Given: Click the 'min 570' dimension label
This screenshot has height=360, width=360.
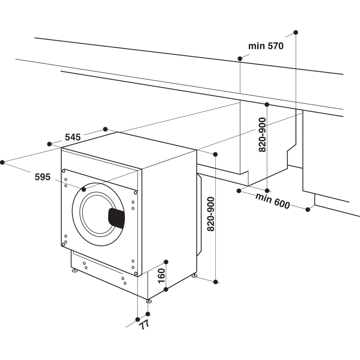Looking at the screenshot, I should tap(266, 46).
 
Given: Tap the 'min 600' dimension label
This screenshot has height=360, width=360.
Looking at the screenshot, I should tap(273, 201).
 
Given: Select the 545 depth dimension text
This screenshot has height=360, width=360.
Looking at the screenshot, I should tap(73, 137).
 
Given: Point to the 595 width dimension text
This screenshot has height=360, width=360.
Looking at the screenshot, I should tap(42, 177).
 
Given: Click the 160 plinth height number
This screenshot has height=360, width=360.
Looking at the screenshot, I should tap(161, 276).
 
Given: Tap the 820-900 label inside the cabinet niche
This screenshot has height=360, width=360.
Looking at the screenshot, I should tap(262, 135).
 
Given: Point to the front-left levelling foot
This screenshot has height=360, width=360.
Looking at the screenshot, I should tap(75, 270).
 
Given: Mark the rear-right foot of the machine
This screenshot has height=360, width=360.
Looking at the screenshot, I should tap(194, 276).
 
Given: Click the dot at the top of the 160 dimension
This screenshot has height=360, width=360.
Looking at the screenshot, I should tap(166, 262).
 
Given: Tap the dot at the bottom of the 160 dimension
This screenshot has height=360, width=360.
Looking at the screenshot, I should tap(166, 289).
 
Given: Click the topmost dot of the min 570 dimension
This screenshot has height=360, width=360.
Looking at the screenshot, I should tap(296, 32).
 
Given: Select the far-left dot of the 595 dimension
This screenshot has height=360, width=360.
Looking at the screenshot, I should tap(2, 162).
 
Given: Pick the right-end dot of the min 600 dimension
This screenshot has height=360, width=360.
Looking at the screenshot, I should tap(307, 210).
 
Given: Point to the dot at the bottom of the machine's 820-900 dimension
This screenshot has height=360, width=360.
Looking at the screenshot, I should tap(215, 282).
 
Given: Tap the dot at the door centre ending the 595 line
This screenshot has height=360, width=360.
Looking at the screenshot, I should tap(84, 189).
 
